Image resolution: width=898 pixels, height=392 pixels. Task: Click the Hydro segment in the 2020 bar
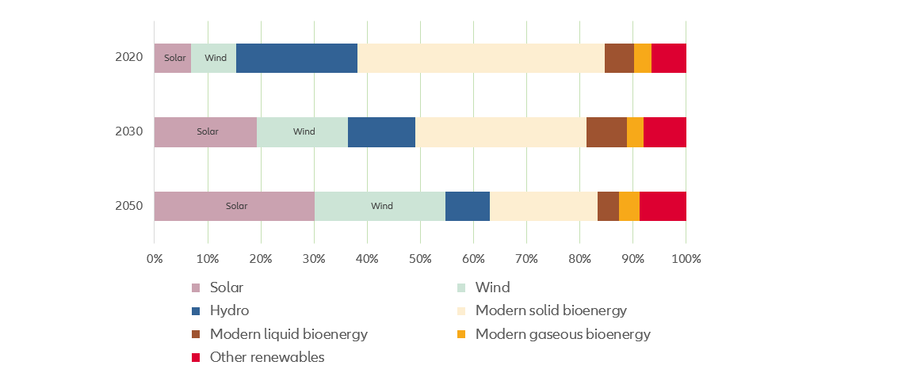[x=296, y=58]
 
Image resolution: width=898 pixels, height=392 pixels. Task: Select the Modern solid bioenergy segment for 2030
[x=501, y=131]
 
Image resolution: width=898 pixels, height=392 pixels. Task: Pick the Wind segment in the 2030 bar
[x=302, y=131]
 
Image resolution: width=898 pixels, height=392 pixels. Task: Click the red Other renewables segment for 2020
[x=668, y=58]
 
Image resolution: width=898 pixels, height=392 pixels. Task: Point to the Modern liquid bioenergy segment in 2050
[x=608, y=206]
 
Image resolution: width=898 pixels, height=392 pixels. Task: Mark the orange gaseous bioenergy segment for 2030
[x=635, y=131]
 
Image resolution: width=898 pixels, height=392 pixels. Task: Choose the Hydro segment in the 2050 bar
[x=468, y=206]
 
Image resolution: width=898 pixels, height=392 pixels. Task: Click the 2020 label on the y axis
[x=128, y=58]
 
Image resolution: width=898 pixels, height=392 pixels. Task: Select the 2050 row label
[x=128, y=206]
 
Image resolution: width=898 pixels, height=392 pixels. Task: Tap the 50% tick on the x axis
[x=420, y=258]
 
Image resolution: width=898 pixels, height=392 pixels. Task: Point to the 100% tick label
[x=686, y=258]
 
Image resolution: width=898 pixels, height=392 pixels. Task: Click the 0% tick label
[x=155, y=258]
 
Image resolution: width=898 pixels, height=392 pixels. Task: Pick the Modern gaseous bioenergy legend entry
[x=562, y=334]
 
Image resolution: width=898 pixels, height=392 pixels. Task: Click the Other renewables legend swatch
[x=196, y=358]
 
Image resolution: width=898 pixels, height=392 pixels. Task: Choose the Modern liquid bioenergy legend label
[x=289, y=334]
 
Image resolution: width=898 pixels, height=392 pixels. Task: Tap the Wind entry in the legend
[x=492, y=287]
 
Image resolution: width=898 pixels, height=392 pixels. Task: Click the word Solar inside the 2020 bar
[x=174, y=58]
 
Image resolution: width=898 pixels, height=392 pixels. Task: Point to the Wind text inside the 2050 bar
[x=381, y=206]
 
